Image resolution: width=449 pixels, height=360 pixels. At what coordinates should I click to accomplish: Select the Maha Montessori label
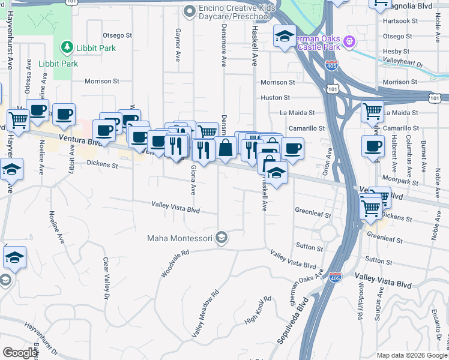181,239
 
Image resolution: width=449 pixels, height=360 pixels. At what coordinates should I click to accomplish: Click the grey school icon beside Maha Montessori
222,238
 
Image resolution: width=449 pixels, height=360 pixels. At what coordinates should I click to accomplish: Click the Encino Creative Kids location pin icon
190,10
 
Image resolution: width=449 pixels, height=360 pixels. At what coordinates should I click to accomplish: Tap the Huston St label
275,97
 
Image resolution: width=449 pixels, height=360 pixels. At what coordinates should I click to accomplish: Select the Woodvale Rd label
175,263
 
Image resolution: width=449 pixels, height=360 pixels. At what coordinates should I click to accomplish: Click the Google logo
20,353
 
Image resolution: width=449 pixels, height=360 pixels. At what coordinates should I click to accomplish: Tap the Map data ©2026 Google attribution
412,355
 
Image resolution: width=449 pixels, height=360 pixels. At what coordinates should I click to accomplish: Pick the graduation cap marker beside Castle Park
285,37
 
